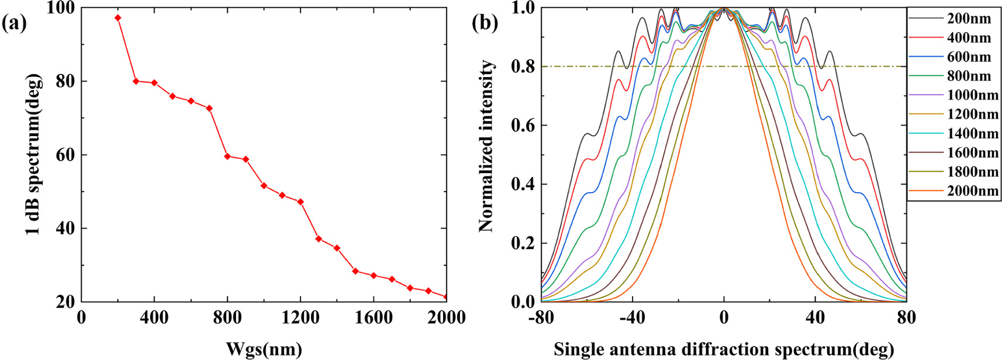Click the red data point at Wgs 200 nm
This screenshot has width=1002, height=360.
pos(118,18)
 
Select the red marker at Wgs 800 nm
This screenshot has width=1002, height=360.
pos(227,156)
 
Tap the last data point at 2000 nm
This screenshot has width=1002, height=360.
pos(446,297)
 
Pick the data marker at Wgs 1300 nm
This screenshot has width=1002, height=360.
pos(319,238)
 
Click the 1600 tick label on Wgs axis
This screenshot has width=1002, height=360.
pos(374,318)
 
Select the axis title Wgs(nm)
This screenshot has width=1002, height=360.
pos(264,349)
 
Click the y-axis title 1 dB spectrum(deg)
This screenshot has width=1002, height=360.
pos(34,154)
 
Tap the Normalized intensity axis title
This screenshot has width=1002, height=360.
pos(486,146)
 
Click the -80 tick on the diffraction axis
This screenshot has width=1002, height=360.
pos(541,318)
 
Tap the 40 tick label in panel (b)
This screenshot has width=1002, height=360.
pos(815,318)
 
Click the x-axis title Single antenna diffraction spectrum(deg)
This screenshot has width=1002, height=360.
pos(724,349)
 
